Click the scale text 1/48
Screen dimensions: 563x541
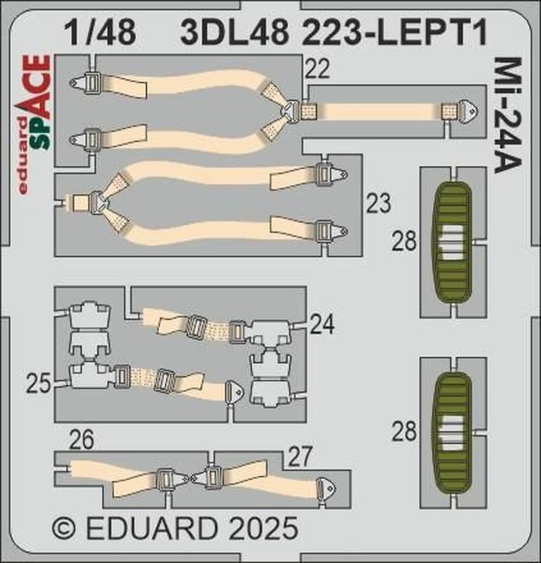100,32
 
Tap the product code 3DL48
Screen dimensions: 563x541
234,33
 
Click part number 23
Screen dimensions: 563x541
379,204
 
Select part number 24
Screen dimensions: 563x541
322,325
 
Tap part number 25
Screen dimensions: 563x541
38,383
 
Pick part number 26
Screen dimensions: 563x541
82,439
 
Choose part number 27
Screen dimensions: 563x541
300,456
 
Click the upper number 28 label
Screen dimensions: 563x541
404,241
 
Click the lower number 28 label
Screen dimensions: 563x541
404,433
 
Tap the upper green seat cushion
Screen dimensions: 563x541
453,242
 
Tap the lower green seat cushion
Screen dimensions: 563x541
453,433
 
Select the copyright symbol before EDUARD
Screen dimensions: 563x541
64,529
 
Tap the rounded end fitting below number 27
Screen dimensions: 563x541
326,488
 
